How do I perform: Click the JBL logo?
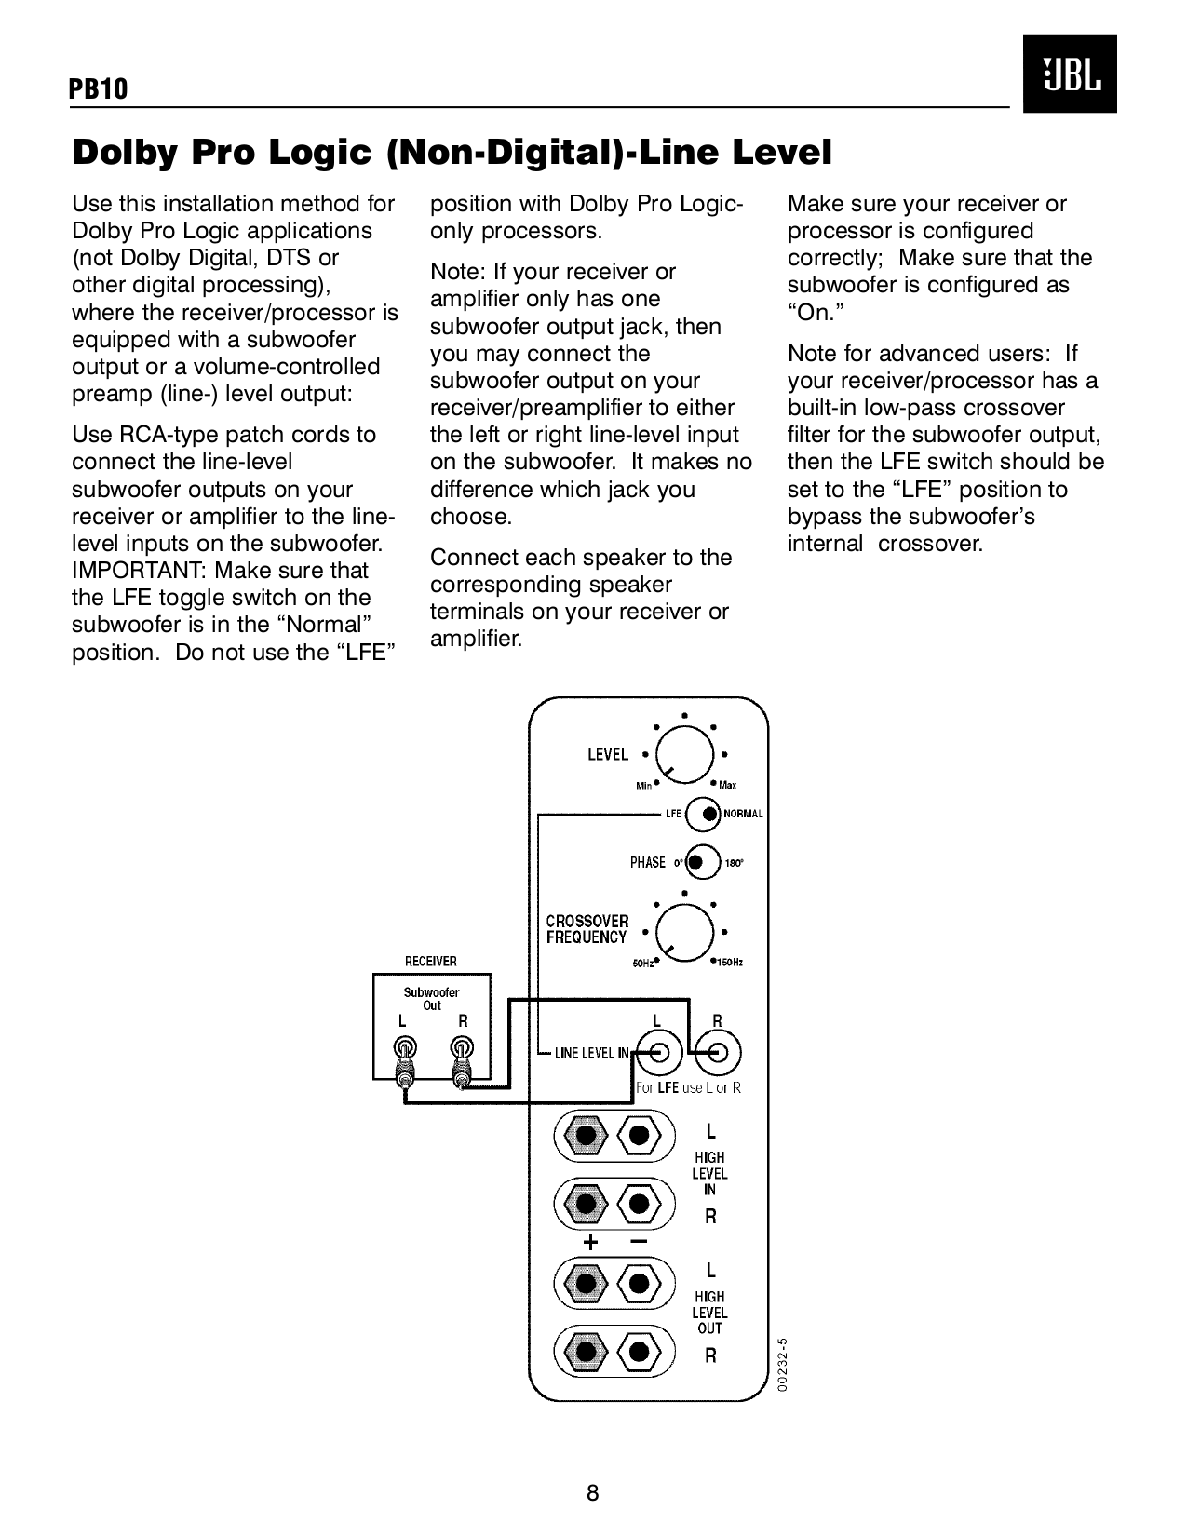tap(1069, 74)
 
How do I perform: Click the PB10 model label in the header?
tap(99, 89)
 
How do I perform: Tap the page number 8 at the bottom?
tap(593, 1494)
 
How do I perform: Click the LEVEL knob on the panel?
tap(685, 754)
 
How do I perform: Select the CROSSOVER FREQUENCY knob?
tap(685, 932)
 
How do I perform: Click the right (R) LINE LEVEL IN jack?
tap(718, 1054)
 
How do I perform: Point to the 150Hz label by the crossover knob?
tap(729, 963)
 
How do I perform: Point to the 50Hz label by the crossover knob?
tap(642, 964)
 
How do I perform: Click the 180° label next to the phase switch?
tap(734, 863)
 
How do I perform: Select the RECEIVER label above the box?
tap(430, 961)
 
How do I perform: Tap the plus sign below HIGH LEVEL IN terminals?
tap(589, 1243)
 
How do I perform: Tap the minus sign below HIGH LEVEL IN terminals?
tap(638, 1241)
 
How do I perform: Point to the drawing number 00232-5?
tap(783, 1365)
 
